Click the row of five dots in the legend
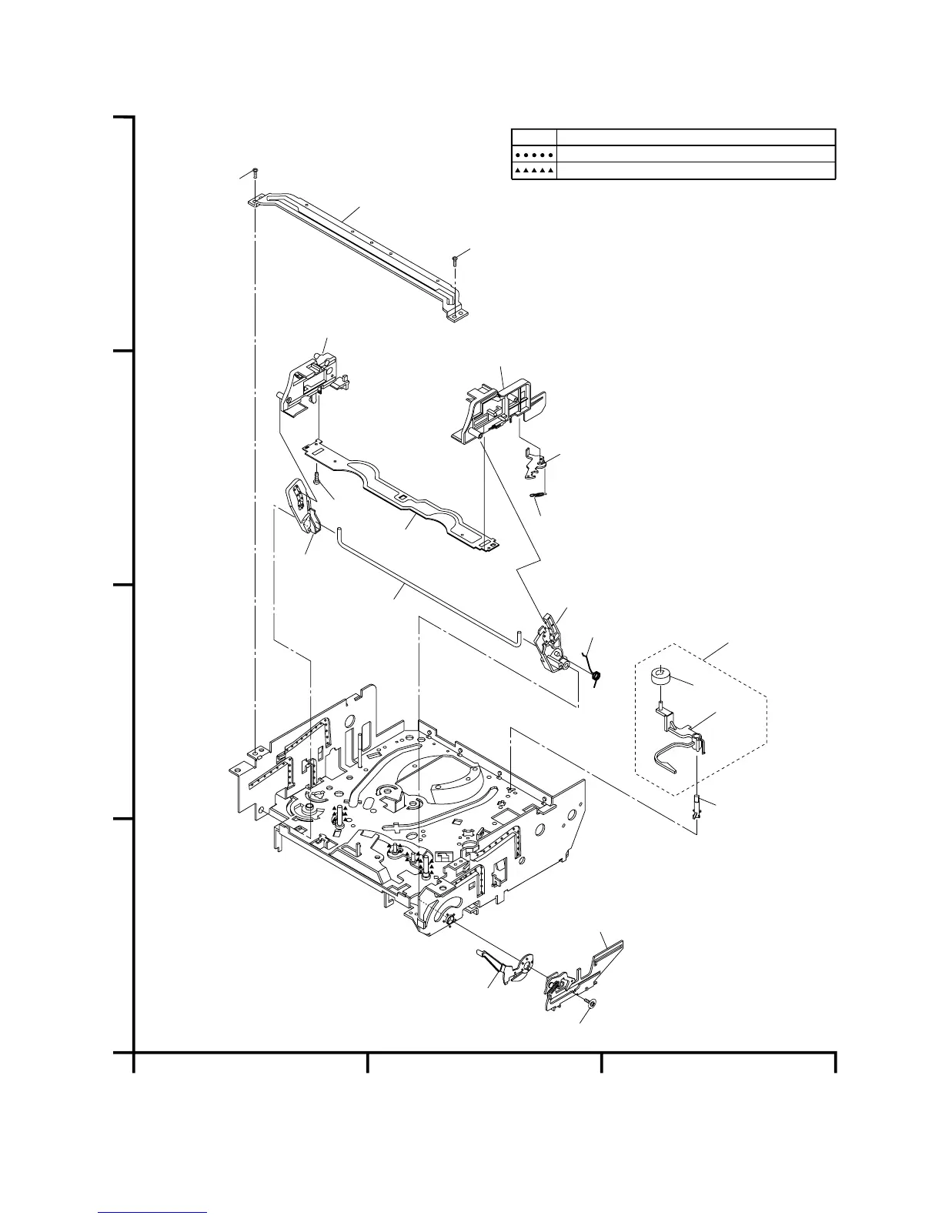click(x=534, y=155)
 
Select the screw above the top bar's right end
click(x=455, y=259)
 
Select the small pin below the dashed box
click(x=697, y=809)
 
